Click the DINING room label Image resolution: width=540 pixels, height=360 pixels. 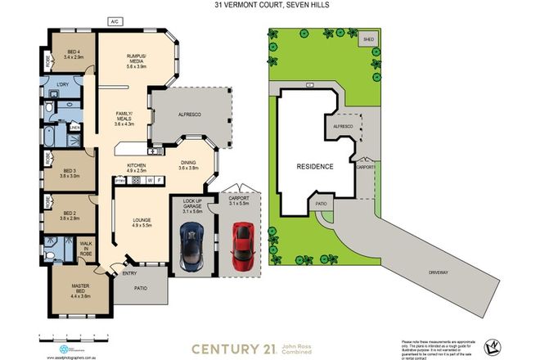(x=189, y=164)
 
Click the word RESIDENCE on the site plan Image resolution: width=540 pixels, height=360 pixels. (x=315, y=166)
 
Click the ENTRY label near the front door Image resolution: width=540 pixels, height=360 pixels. (x=130, y=275)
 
